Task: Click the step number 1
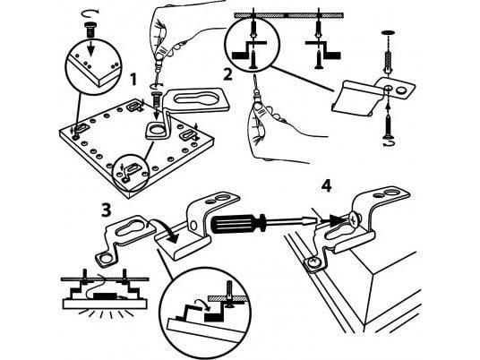(x=133, y=80)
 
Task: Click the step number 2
(x=227, y=74)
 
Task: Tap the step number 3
(x=107, y=210)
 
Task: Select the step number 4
(x=326, y=186)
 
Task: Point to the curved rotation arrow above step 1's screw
(x=90, y=13)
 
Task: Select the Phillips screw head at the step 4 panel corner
(x=313, y=261)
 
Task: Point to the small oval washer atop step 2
(x=387, y=32)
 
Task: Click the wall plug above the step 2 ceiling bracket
(x=387, y=62)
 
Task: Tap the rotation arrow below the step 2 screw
(x=388, y=143)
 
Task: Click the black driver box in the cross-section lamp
(x=105, y=296)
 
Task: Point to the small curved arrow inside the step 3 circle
(x=202, y=304)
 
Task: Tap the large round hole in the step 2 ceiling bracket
(x=402, y=90)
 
